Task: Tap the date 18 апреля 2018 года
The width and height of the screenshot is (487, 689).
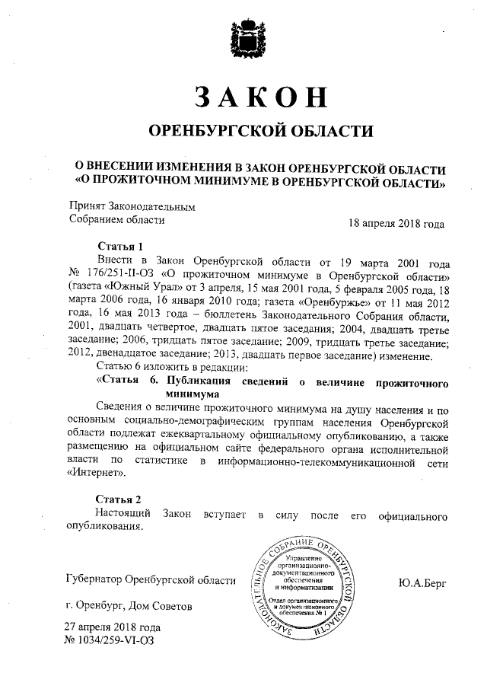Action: click(396, 224)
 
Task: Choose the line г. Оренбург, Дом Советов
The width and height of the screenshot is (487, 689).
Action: click(129, 607)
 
